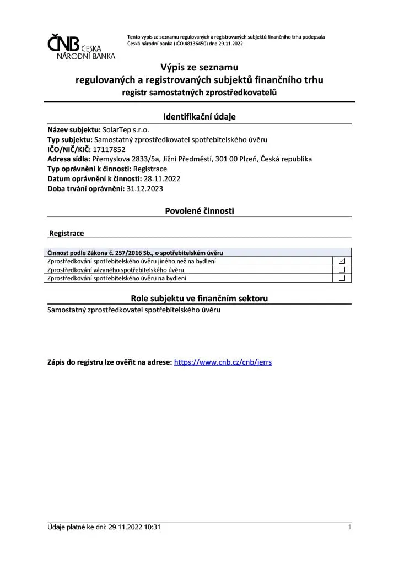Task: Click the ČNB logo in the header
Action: tap(81, 46)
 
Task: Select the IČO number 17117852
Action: tap(110, 149)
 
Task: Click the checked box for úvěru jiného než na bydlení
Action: tap(342, 261)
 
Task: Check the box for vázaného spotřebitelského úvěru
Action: tap(342, 270)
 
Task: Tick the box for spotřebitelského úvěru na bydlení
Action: tap(342, 278)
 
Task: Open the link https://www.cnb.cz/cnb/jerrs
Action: tap(223, 362)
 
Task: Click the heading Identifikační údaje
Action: tap(199, 117)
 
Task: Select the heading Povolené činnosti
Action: tap(199, 210)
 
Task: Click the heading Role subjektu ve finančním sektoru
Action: tap(199, 298)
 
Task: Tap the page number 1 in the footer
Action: tap(349, 528)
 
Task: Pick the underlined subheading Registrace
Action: tap(67, 234)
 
